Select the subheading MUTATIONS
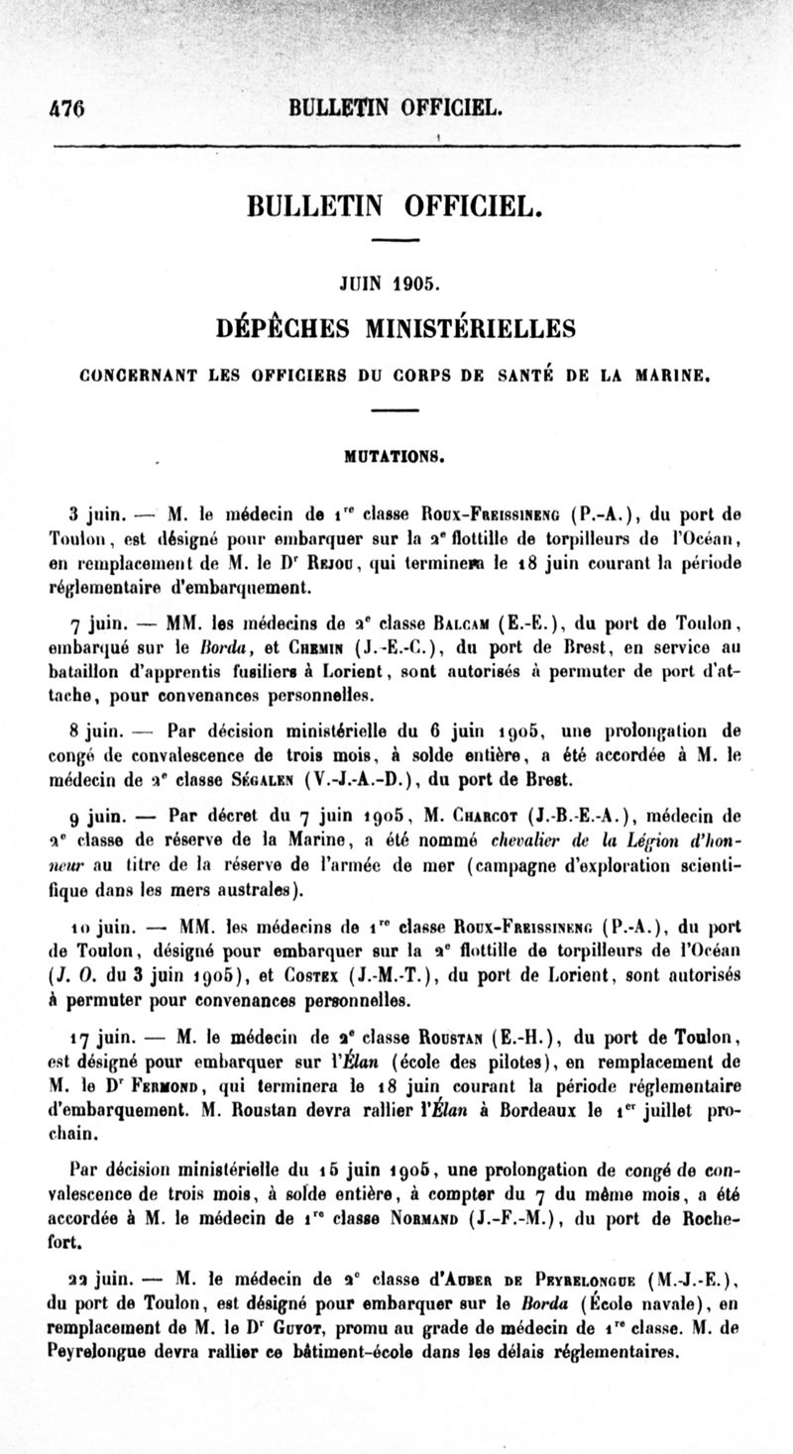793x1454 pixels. click(396, 458)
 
